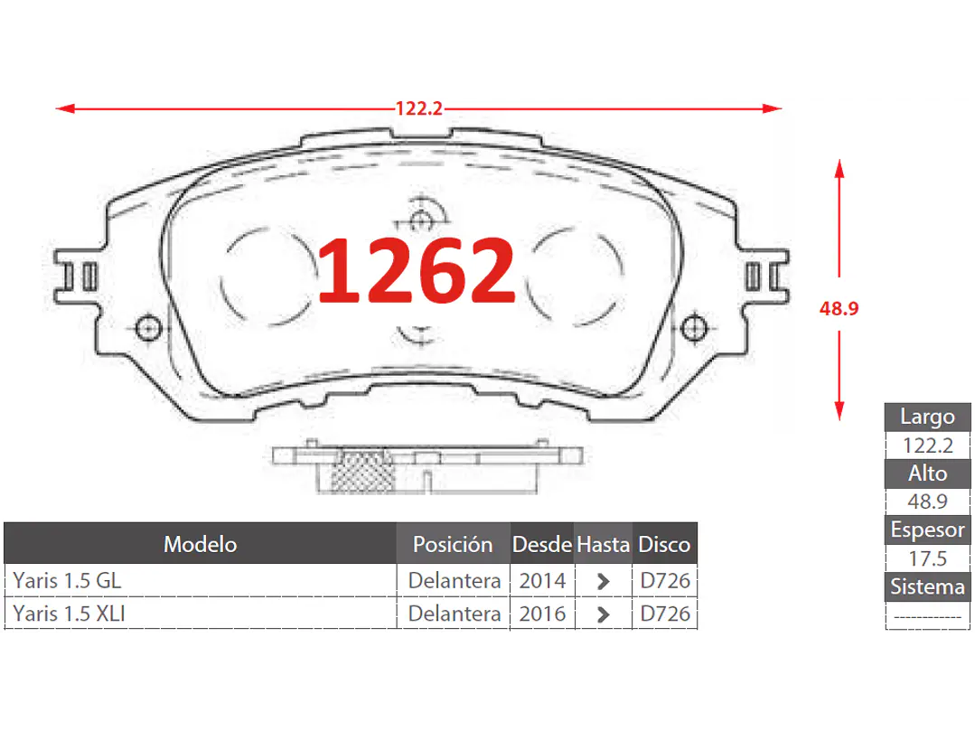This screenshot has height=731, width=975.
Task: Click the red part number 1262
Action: [x=417, y=270]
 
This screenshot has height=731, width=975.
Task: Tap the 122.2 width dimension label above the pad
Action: [x=418, y=108]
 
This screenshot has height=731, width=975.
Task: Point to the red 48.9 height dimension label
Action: [x=839, y=308]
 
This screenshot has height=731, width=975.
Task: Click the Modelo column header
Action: [x=200, y=544]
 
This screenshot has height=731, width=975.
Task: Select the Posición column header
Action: [x=453, y=544]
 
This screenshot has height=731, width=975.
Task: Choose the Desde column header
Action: [x=542, y=544]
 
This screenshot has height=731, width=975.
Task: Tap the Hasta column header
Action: [x=603, y=544]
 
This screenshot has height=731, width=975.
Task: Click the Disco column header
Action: [x=664, y=544]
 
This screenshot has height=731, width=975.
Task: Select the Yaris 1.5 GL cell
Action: [x=67, y=580]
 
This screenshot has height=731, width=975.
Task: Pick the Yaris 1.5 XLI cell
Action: [x=70, y=614]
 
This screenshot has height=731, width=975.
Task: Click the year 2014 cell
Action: [x=542, y=580]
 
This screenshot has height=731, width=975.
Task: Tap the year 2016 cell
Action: [x=542, y=614]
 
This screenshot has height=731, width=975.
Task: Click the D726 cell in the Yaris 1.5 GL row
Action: [x=665, y=580]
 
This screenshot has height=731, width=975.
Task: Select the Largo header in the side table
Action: [x=927, y=417]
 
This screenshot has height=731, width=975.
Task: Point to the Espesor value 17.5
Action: [x=927, y=558]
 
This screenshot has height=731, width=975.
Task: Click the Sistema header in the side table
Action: [x=927, y=586]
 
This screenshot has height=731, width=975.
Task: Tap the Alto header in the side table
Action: [x=927, y=473]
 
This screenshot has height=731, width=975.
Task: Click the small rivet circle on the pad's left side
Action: [x=147, y=328]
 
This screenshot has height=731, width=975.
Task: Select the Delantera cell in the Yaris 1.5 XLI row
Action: [x=454, y=614]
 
